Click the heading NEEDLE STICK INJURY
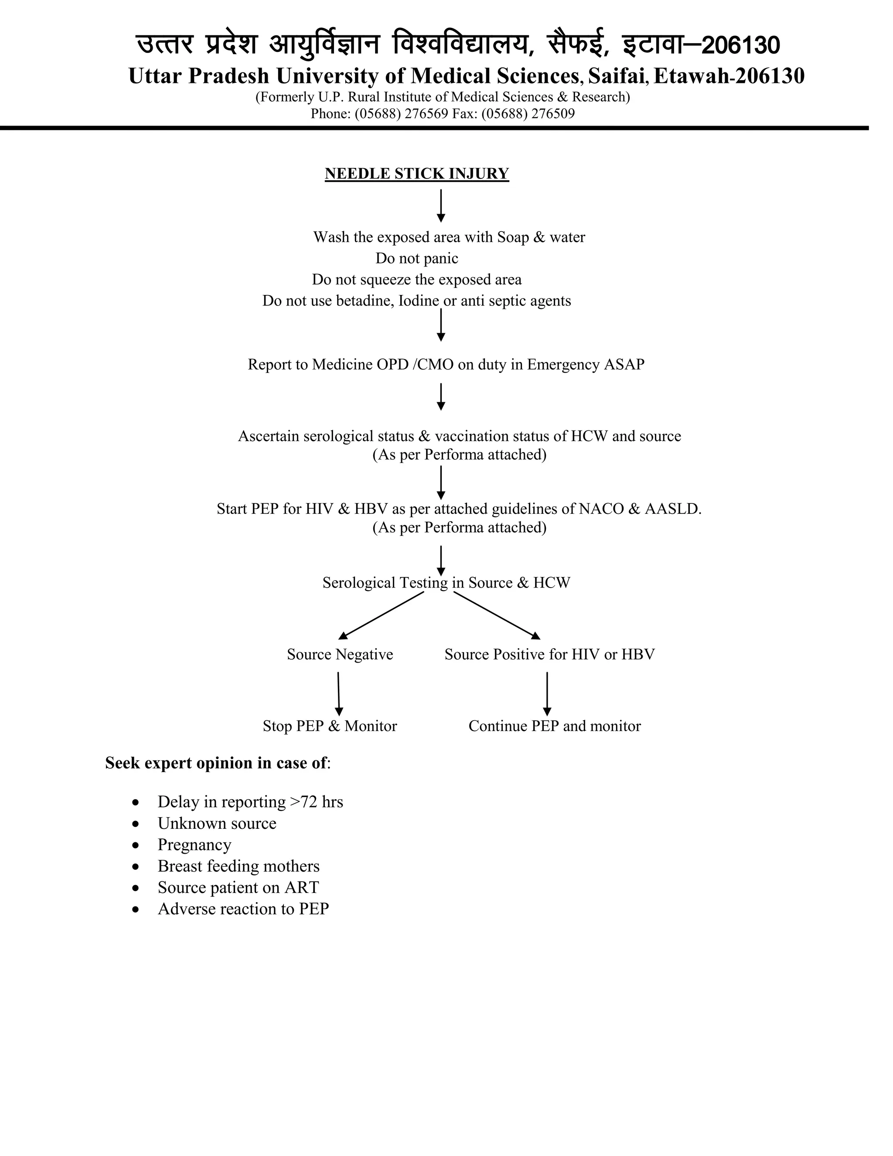pos(416,174)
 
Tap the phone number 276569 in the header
pos(426,114)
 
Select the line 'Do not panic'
pos(416,258)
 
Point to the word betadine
pos(365,301)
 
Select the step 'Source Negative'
pos(340,654)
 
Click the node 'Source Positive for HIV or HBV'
pos(549,654)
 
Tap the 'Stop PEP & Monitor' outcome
pos(330,726)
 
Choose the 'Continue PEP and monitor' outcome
pos(554,726)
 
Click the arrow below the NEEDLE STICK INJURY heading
pos(441,205)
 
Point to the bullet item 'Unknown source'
pos(216,823)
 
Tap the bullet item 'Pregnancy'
pos(194,845)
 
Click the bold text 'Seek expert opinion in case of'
pos(216,763)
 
